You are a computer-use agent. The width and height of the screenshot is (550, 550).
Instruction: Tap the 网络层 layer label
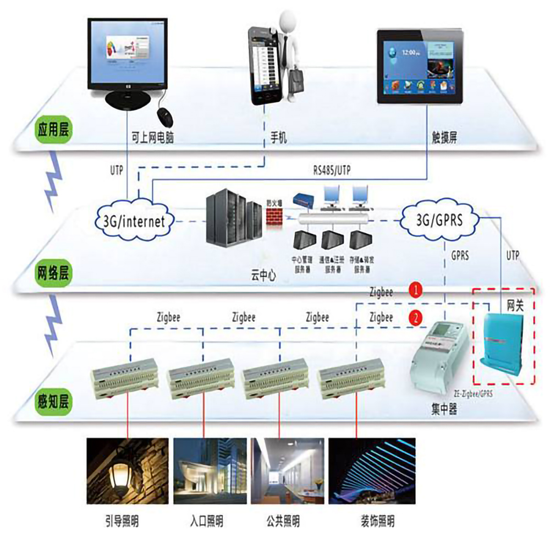tap(53, 272)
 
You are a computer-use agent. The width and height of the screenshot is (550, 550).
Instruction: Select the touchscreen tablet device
tap(421, 67)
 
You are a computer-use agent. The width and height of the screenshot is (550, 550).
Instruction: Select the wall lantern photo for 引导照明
tap(128, 470)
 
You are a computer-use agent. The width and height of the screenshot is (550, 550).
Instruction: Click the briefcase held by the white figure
tap(295, 81)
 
